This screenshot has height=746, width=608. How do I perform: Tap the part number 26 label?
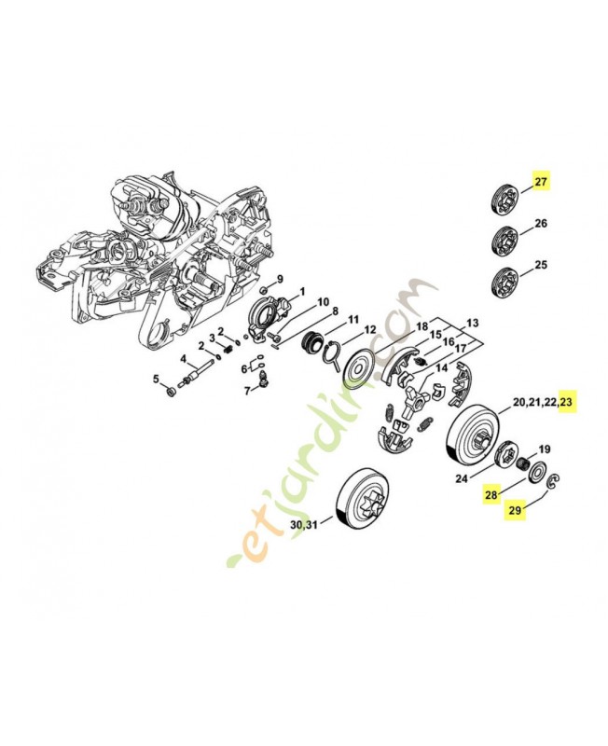(541, 224)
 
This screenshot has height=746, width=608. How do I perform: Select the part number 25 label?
(541, 266)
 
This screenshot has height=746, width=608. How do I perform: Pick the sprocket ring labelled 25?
(504, 280)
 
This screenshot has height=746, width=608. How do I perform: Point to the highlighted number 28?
(491, 495)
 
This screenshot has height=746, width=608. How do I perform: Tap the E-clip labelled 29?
(552, 481)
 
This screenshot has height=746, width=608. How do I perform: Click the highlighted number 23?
(568, 403)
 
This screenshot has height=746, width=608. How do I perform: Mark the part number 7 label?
(247, 390)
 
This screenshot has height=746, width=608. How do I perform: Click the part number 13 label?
(473, 324)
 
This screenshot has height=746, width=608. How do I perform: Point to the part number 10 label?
(324, 302)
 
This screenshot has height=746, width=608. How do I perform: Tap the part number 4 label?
(184, 359)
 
